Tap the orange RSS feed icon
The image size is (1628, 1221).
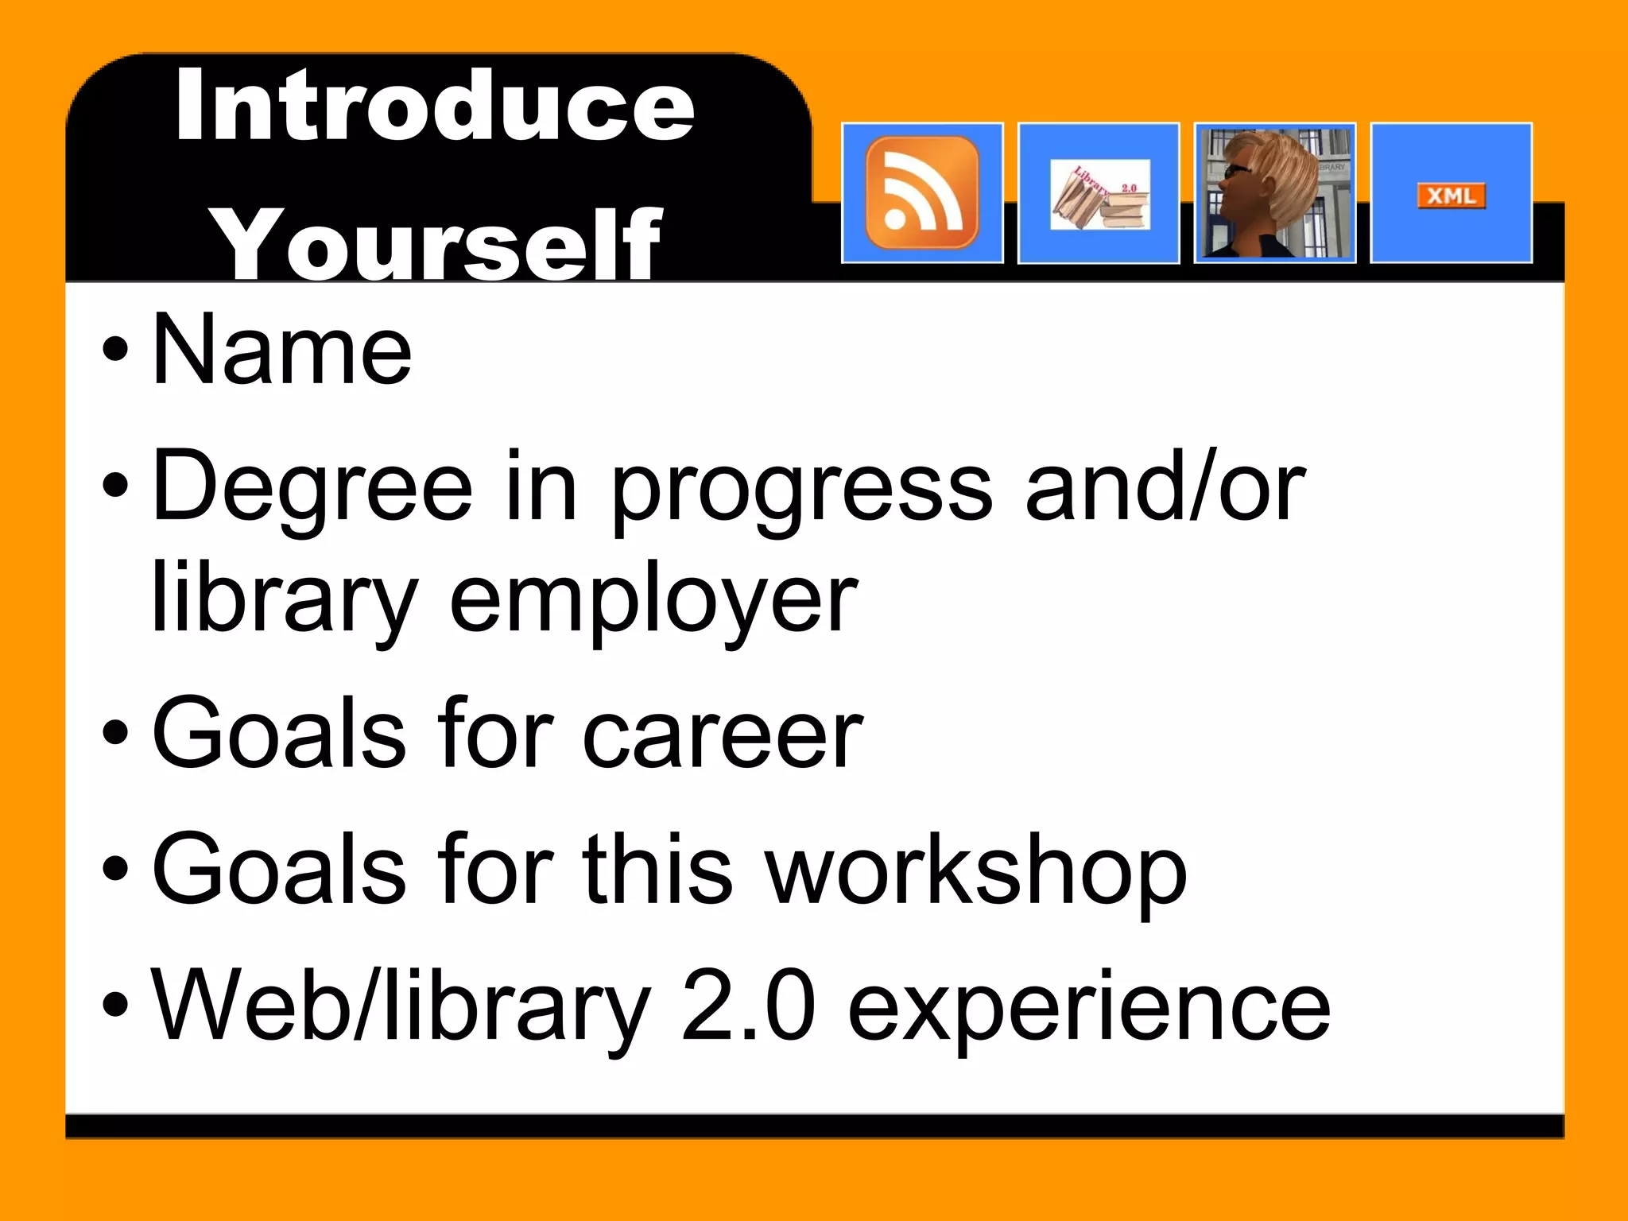pos(922,192)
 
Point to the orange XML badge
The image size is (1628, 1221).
pos(1451,196)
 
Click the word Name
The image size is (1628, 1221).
pos(282,350)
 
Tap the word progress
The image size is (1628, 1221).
pos(802,489)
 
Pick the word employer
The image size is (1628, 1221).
pos(653,600)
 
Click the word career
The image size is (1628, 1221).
pos(723,733)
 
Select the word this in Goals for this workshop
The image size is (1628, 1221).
pos(657,869)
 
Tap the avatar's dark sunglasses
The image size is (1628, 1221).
pos(1235,171)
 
